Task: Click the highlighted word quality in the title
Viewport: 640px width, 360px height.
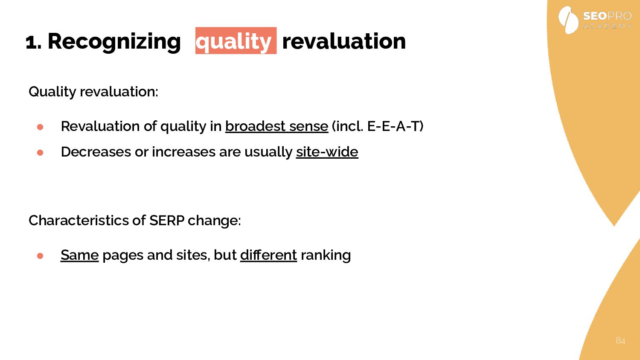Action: point(236,41)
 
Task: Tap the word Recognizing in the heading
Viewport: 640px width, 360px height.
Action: point(114,42)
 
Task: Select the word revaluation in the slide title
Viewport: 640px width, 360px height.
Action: point(344,41)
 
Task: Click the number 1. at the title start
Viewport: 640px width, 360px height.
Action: point(34,43)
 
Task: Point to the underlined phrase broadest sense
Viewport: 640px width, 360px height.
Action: point(276,126)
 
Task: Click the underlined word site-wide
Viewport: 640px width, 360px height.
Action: point(327,152)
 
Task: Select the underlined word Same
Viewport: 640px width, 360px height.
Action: point(79,255)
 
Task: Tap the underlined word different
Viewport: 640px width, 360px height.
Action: point(268,255)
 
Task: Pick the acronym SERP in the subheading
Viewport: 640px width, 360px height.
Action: point(167,221)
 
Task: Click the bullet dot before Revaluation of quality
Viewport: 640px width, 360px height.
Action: point(40,127)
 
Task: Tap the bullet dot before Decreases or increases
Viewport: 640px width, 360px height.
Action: point(40,153)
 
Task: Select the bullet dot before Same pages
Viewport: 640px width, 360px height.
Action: point(40,256)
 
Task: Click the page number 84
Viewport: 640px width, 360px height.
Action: point(620,340)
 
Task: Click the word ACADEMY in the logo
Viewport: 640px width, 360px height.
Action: point(608,26)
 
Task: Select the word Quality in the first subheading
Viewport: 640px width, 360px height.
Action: point(52,92)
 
